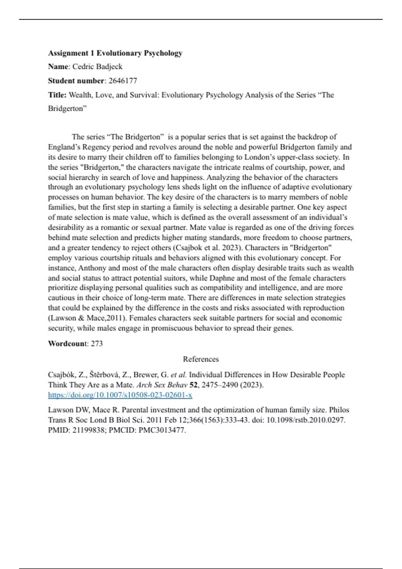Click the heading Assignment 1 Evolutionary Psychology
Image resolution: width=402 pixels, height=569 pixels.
pyautogui.click(x=115, y=53)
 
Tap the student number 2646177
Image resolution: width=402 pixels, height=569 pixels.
pyautogui.click(x=123, y=81)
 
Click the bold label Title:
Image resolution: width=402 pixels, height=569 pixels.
pyautogui.click(x=57, y=95)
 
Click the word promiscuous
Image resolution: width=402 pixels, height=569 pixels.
pyautogui.click(x=171, y=328)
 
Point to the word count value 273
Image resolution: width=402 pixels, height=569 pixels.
pyautogui.click(x=97, y=344)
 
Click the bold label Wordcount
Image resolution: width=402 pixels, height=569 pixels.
pyautogui.click(x=68, y=344)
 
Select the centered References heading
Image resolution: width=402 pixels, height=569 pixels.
pyautogui.click(x=201, y=359)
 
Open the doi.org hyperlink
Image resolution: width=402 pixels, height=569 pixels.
pyautogui.click(x=120, y=395)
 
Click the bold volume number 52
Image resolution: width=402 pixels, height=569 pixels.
pyautogui.click(x=193, y=385)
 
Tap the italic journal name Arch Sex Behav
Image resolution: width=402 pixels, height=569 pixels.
pyautogui.click(x=162, y=385)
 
